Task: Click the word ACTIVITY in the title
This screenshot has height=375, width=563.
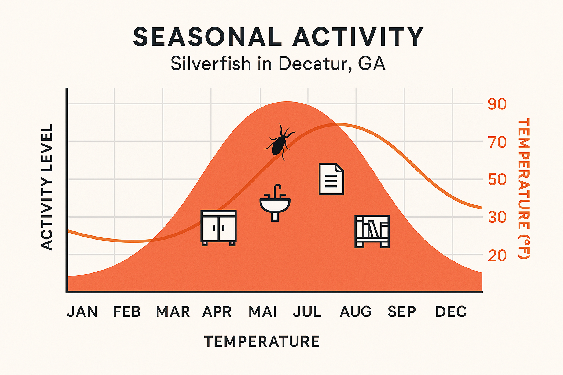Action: point(358,37)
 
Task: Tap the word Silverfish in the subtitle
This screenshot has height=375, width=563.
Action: point(211,64)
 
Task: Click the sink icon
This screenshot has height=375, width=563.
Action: point(275,203)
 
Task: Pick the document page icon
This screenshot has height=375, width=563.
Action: point(331,179)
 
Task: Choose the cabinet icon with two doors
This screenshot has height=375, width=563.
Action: point(218,227)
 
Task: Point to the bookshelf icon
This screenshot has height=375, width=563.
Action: point(372,231)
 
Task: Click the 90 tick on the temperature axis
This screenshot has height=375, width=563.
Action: point(497,104)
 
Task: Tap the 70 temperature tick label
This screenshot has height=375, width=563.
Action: point(497,142)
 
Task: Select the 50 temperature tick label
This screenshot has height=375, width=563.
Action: point(497,180)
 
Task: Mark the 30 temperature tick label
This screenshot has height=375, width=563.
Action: point(497,217)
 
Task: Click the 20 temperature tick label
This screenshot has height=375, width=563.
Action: point(497,255)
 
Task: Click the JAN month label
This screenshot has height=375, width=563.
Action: point(82,312)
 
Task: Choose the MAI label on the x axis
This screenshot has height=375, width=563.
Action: point(262,312)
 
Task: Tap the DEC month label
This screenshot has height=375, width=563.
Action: point(451,312)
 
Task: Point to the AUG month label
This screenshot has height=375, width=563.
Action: point(356,312)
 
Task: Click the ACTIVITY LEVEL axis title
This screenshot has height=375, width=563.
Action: point(47,187)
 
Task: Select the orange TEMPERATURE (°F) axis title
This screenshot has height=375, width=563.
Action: point(523,188)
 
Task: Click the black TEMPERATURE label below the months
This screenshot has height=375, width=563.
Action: point(262,341)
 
